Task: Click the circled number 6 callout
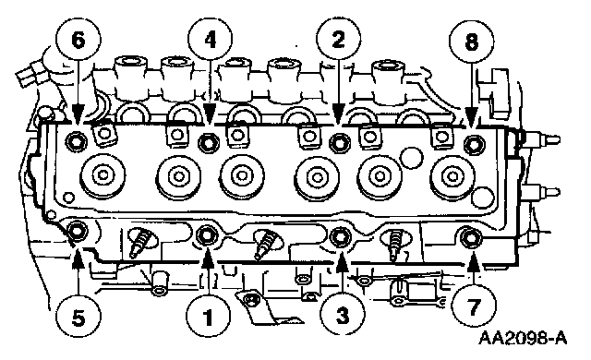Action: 78,40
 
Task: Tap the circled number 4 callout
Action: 211,39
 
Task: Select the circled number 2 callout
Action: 339,39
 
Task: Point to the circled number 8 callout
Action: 472,41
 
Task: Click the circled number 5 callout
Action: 78,316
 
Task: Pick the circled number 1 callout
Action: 208,316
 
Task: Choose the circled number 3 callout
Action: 343,315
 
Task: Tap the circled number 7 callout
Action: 474,305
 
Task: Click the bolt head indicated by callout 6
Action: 76,142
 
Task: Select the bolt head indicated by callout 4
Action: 209,143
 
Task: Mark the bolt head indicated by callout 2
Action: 340,143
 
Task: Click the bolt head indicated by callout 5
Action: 77,231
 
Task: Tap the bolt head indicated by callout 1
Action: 208,235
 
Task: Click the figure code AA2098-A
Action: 523,338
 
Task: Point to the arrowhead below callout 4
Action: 211,114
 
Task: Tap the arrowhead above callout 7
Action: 474,262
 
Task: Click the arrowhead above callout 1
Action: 208,259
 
